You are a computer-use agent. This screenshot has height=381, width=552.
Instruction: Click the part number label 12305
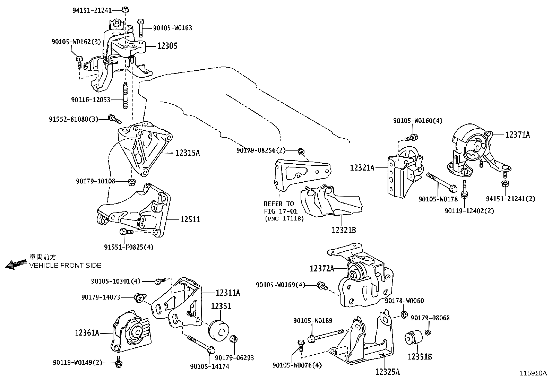(x=167, y=46)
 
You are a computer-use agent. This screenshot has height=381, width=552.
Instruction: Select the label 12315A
(x=188, y=153)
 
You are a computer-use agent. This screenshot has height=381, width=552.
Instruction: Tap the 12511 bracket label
(x=190, y=219)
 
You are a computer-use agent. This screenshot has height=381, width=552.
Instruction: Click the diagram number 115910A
(x=533, y=373)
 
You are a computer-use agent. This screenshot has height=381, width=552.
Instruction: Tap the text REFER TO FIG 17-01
(x=279, y=207)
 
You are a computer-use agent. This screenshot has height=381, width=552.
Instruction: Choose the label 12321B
(x=343, y=230)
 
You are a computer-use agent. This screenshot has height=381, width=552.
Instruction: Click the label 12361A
(x=87, y=333)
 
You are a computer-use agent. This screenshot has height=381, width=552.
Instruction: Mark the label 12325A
(x=387, y=372)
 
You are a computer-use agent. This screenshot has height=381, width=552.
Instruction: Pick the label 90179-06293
(x=234, y=358)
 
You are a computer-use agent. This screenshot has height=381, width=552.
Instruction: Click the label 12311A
(x=227, y=293)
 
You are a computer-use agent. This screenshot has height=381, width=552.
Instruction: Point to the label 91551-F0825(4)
(x=129, y=247)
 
